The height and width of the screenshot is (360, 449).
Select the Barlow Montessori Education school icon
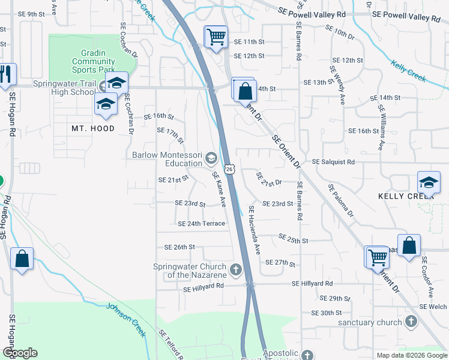[x=211, y=158]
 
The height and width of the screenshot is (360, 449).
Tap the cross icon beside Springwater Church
[x=235, y=270]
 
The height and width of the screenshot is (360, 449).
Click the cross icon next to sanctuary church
[x=411, y=322]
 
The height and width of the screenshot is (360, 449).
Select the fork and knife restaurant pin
[x=6, y=74]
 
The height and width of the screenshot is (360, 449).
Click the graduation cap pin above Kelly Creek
[x=429, y=182]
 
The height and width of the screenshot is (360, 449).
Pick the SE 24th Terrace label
[x=201, y=224]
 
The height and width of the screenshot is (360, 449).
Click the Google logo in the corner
[x=20, y=353]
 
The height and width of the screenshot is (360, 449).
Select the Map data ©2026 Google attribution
[x=411, y=355]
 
